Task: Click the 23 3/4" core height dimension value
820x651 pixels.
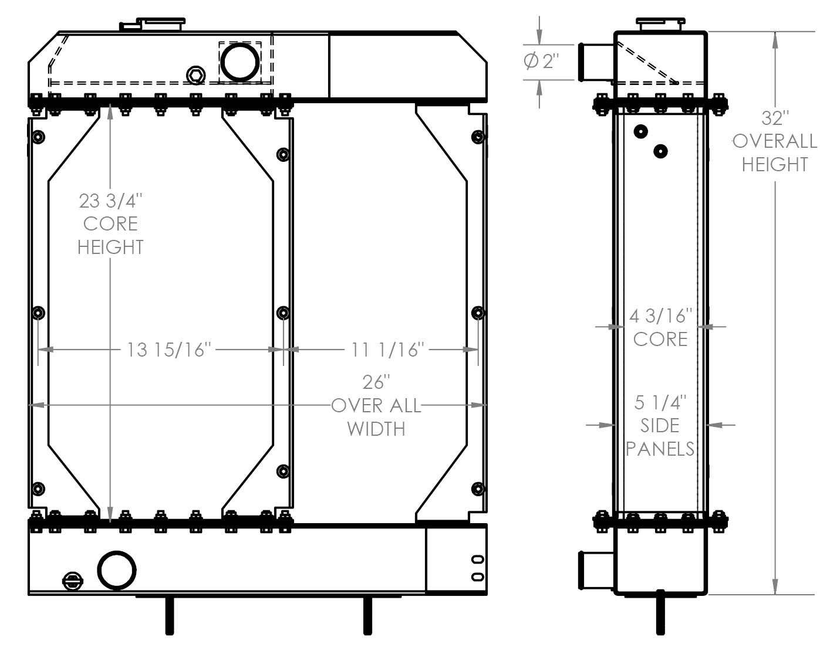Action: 110,201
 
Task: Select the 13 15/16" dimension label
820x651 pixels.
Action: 168,350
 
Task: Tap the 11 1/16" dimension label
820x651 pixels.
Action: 387,350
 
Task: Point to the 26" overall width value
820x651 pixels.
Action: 376,382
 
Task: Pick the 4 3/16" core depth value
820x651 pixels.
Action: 660,317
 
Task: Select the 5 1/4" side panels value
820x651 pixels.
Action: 660,403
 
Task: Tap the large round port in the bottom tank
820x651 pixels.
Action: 117,569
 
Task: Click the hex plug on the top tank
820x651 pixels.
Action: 195,75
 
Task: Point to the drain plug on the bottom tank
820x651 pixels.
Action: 73,581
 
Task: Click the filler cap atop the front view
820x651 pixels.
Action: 161,24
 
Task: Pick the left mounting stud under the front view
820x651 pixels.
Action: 169,615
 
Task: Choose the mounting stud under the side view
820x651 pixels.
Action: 661,613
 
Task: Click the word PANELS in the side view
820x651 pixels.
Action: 660,449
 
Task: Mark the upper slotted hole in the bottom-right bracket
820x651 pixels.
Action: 478,560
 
